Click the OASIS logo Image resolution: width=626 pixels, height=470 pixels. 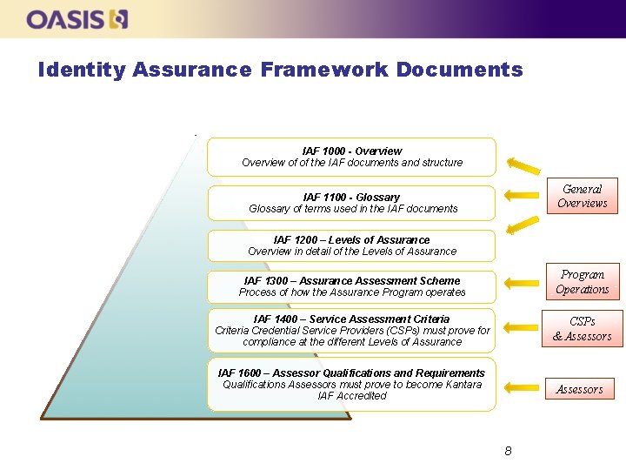pos(77,19)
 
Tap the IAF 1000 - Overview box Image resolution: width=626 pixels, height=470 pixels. pos(351,157)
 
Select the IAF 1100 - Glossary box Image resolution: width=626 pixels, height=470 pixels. pos(351,203)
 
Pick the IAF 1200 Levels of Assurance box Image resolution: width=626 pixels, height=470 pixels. pos(351,245)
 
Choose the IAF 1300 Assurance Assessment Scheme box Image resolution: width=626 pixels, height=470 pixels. pos(351,286)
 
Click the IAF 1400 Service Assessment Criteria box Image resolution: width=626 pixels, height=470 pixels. pos(351,330)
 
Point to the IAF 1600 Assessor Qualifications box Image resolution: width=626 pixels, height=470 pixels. pos(351,384)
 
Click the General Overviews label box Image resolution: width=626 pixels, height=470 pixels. pos(582,196)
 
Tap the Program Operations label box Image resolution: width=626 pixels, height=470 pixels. pos(582,282)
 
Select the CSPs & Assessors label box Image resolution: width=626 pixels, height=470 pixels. pos(582,329)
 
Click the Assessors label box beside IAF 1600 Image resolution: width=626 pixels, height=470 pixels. pos(579,389)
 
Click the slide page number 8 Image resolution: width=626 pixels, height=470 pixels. pos(508,451)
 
